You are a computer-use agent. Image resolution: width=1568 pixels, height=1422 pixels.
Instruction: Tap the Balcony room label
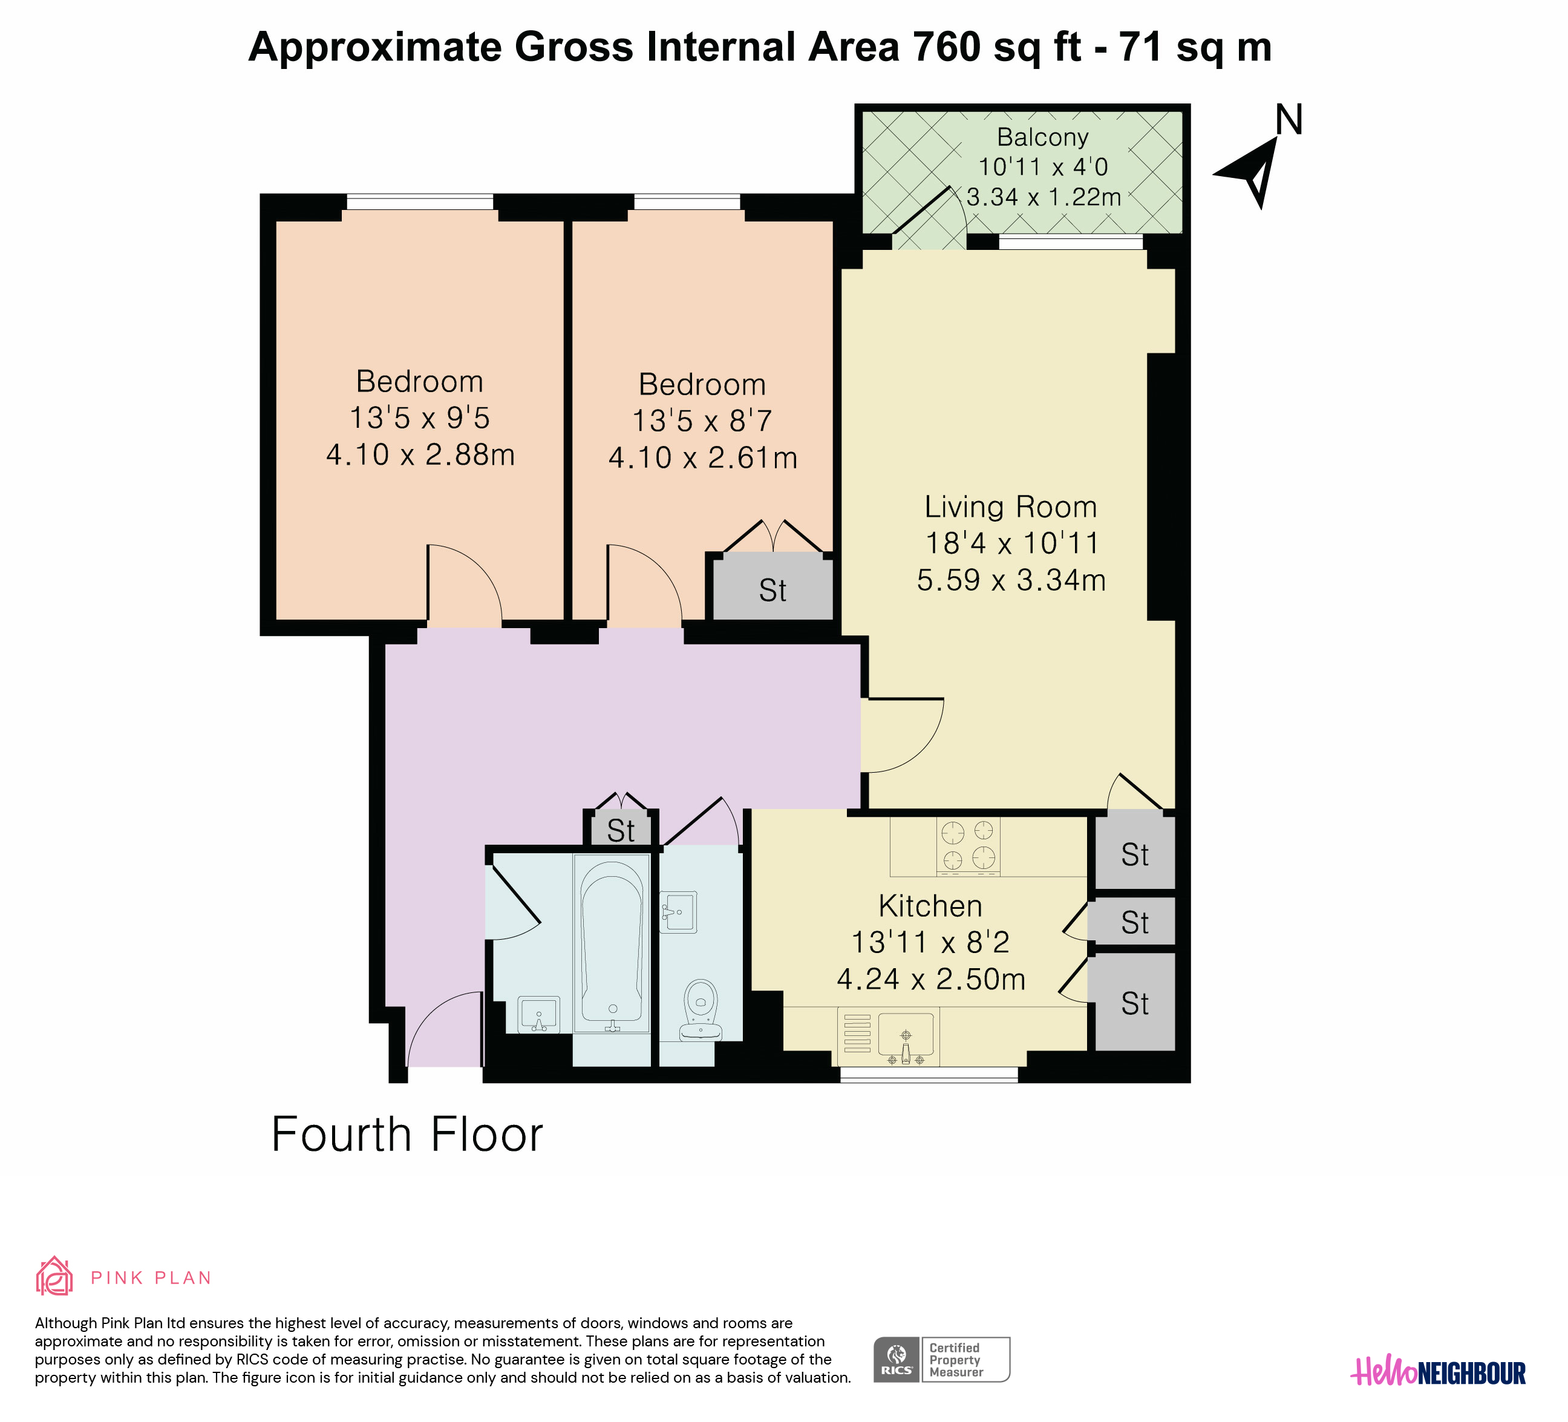(x=1042, y=137)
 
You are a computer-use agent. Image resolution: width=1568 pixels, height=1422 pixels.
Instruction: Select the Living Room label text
(x=1010, y=506)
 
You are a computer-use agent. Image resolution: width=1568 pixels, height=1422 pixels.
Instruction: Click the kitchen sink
(x=906, y=1038)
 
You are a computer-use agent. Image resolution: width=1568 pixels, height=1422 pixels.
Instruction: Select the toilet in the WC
(x=701, y=1010)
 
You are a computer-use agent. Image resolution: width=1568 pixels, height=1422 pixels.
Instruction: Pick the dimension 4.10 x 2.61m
(x=703, y=457)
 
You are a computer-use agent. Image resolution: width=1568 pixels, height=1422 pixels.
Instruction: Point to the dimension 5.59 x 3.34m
(x=1011, y=580)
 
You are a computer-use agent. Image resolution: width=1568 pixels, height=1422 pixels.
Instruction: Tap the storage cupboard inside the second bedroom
(x=773, y=589)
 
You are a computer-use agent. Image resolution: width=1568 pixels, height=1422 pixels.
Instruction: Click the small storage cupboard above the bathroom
(x=621, y=829)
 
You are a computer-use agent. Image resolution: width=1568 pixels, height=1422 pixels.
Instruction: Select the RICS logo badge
(x=942, y=1359)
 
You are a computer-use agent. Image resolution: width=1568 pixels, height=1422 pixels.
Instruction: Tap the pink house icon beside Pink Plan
(x=54, y=1277)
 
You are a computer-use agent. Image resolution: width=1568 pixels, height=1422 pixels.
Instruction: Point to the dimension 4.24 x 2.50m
(x=931, y=978)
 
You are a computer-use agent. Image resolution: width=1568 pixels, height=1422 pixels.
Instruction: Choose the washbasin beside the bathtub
(x=539, y=1015)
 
